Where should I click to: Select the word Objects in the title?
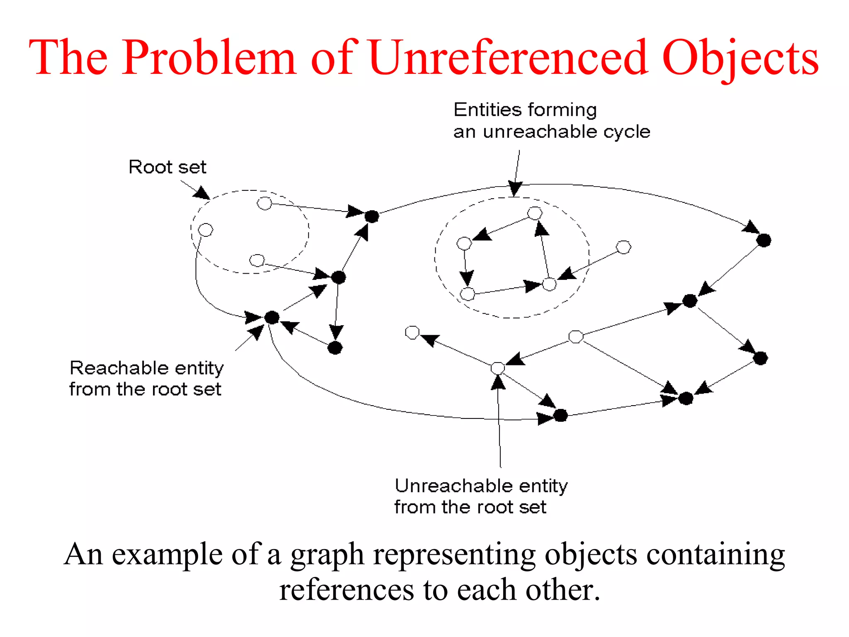[x=740, y=58]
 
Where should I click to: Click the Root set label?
[x=167, y=167]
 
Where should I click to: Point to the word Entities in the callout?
[x=487, y=110]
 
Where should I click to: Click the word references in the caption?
[x=347, y=590]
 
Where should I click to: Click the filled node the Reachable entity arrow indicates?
[x=272, y=318]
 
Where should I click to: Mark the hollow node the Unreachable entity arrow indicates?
[x=497, y=368]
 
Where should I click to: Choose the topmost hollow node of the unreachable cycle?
[x=535, y=213]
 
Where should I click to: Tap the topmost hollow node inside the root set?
[x=264, y=204]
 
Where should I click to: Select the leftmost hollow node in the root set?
[x=206, y=229]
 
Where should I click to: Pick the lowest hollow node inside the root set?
[x=257, y=260]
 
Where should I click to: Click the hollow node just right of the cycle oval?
[x=623, y=247]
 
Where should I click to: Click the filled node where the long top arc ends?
[x=764, y=240]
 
